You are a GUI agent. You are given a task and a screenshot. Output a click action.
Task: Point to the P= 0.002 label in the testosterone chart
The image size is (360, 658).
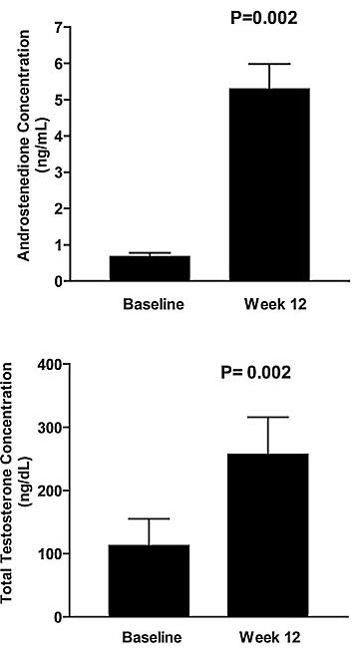tap(255, 373)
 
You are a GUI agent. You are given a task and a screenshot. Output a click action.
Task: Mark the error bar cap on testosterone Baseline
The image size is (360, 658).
tap(150, 518)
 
